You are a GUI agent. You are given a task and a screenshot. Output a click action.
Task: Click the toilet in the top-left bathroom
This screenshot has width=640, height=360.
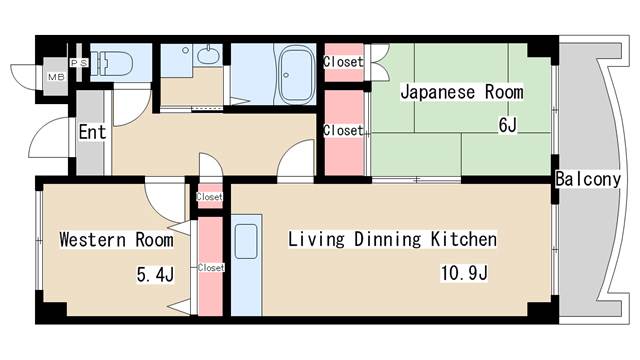(112, 63)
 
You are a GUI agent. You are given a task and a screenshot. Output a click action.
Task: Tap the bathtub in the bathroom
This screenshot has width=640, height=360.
(296, 73)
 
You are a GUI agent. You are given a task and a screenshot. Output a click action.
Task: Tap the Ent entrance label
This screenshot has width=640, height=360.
(92, 132)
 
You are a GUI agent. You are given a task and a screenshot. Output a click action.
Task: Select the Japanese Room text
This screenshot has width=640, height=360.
(461, 92)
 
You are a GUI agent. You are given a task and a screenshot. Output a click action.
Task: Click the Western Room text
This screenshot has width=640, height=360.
(115, 240)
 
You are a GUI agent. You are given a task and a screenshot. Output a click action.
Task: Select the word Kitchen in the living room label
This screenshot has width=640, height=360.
(463, 240)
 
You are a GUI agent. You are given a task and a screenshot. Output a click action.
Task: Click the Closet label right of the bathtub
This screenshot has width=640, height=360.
(342, 62)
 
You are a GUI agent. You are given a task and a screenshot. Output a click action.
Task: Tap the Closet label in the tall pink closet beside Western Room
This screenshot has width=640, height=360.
(211, 267)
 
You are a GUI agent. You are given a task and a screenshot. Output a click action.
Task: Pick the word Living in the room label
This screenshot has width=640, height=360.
(314, 240)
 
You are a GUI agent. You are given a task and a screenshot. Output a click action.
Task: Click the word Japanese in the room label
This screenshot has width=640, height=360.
(436, 92)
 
